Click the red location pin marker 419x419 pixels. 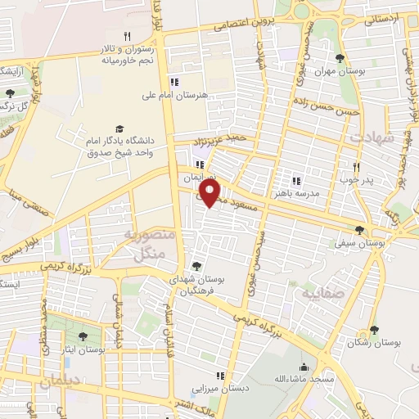click(x=210, y=193)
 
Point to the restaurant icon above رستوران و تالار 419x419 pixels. click(x=126, y=36)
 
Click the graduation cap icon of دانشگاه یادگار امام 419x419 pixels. click(x=120, y=129)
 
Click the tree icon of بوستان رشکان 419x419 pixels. click(x=375, y=330)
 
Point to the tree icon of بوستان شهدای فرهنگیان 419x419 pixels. click(x=196, y=265)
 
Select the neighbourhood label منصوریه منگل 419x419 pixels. click(x=148, y=244)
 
